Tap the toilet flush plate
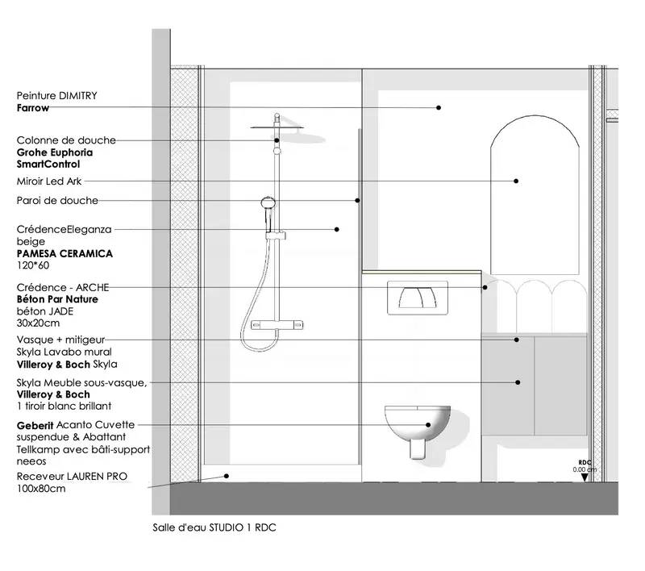coord(417,298)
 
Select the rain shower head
coord(288,131)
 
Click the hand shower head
coord(268,203)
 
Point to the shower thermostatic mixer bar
coord(277,324)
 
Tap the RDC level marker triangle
coord(584,477)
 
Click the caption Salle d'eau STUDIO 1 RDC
coord(214,527)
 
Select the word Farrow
coord(33,108)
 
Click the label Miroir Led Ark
coord(49,181)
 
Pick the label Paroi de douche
coord(57,200)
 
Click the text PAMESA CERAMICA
coord(64,253)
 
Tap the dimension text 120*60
coord(33,265)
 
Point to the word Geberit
coord(35,425)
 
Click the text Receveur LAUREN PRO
coord(72,477)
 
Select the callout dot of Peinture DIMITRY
coord(439,107)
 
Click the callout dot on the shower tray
coord(227,476)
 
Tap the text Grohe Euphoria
coord(55,152)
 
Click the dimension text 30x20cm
coord(38,323)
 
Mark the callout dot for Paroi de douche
coord(357,200)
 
